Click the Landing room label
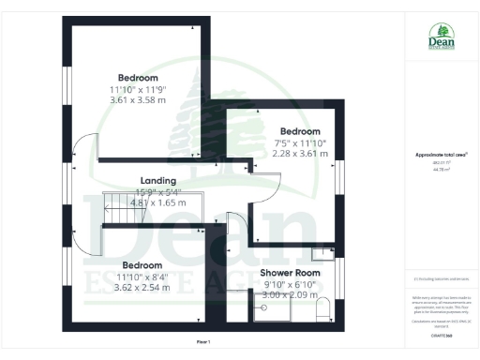[158, 180]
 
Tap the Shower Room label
[290, 273]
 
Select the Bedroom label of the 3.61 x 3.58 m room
[138, 78]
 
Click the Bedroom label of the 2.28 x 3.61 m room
[300, 131]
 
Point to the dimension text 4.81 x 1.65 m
[158, 202]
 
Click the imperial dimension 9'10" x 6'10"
[290, 284]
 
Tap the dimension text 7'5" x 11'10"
[300, 142]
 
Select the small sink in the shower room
[322, 252]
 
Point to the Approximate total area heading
[441, 155]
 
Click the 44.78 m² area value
[441, 170]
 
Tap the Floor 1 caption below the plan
[203, 340]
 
